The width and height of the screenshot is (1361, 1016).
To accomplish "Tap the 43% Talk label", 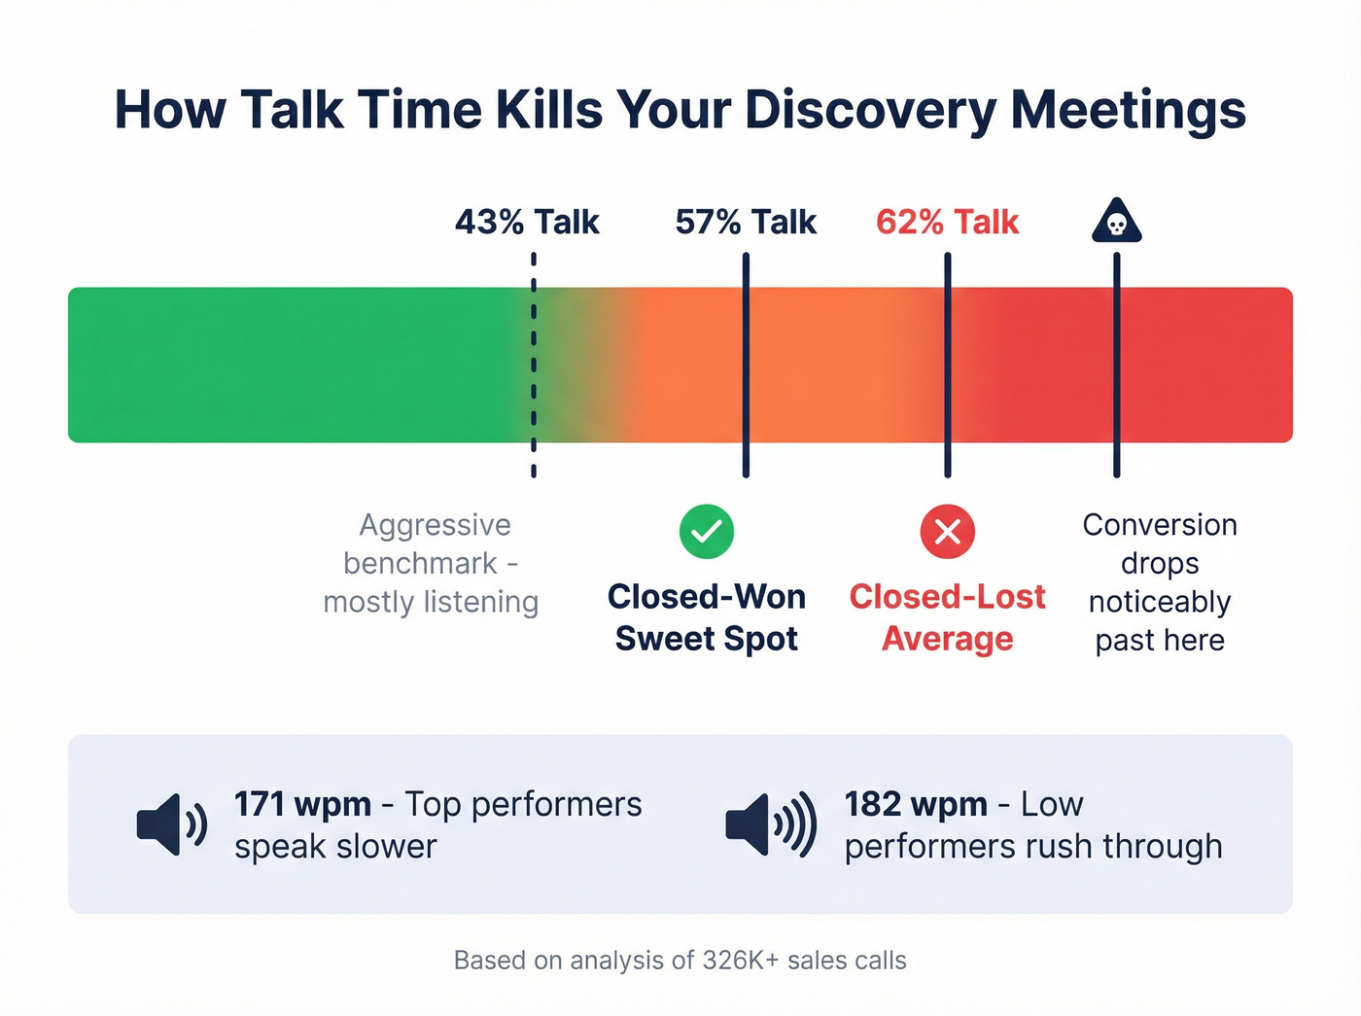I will click(x=527, y=222).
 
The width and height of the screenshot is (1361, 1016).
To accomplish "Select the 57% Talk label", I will click(x=746, y=222).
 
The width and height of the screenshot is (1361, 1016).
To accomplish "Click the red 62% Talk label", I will click(x=947, y=222).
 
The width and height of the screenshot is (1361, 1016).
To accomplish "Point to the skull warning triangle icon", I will click(x=1116, y=222).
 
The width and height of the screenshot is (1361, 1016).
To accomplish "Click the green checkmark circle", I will click(x=707, y=532).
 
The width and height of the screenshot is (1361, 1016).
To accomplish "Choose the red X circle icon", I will click(x=948, y=532).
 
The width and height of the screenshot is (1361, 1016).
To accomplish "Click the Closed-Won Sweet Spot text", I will click(x=707, y=617).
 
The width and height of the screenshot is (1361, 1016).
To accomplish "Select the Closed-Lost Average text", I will click(x=948, y=617).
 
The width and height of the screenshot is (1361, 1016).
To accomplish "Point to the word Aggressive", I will click(x=435, y=525).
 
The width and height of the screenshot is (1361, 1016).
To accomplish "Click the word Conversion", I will click(x=1160, y=525).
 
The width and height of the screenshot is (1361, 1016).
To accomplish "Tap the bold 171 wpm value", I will click(x=302, y=804).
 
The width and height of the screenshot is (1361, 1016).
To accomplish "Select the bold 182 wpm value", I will click(x=915, y=804).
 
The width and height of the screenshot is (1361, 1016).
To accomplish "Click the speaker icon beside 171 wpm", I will click(x=171, y=824).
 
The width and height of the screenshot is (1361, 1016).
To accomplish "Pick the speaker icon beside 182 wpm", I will click(x=770, y=824).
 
